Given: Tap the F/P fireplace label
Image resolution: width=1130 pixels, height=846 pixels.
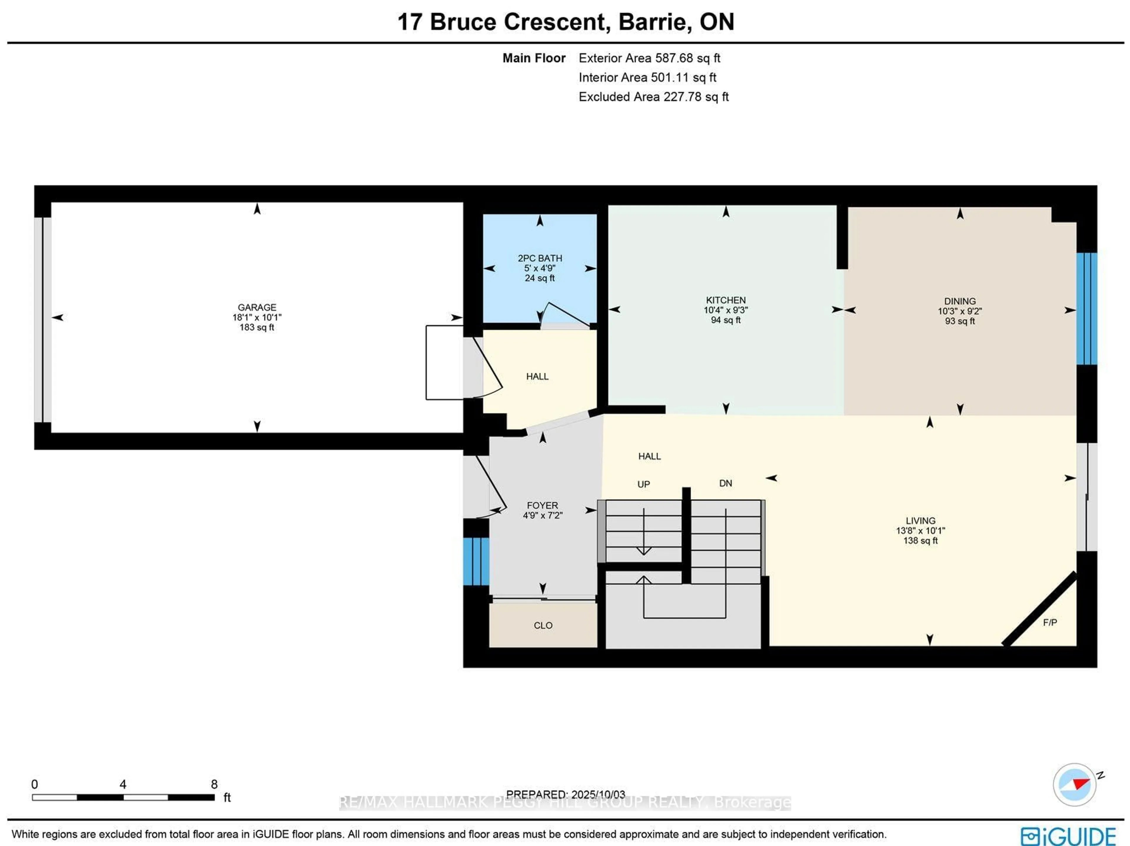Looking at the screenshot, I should point(1049,622).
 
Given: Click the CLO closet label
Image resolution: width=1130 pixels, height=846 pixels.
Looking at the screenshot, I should point(543,625).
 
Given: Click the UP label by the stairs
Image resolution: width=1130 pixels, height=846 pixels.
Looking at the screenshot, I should point(643,484).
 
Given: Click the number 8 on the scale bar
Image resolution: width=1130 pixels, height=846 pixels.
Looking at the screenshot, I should point(214,784).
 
